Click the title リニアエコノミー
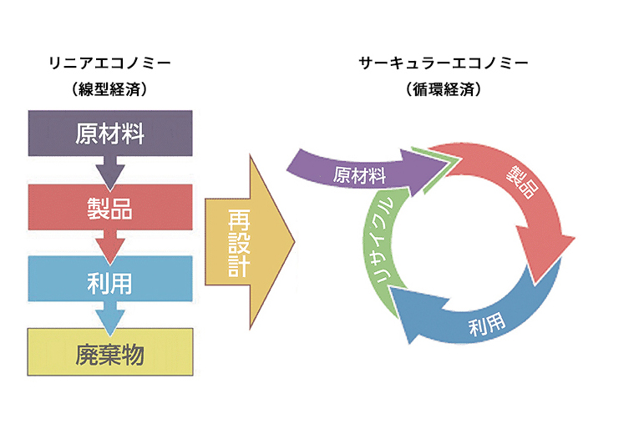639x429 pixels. click(x=109, y=63)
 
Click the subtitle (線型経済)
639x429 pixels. click(x=109, y=89)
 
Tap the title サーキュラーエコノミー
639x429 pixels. click(x=444, y=63)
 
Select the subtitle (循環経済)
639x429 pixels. click(x=444, y=89)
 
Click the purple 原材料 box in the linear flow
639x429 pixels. click(x=110, y=133)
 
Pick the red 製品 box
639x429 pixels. click(x=110, y=207)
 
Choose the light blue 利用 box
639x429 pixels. click(x=110, y=279)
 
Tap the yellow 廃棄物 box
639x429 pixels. click(x=110, y=352)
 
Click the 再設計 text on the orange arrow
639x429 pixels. click(x=239, y=243)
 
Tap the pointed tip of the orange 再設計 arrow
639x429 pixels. click(x=294, y=242)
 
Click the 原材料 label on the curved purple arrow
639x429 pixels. click(x=359, y=175)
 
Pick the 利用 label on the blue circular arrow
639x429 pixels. click(x=487, y=325)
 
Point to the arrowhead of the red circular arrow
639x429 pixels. click(x=546, y=252)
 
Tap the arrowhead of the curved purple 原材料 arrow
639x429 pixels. click(x=423, y=172)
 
